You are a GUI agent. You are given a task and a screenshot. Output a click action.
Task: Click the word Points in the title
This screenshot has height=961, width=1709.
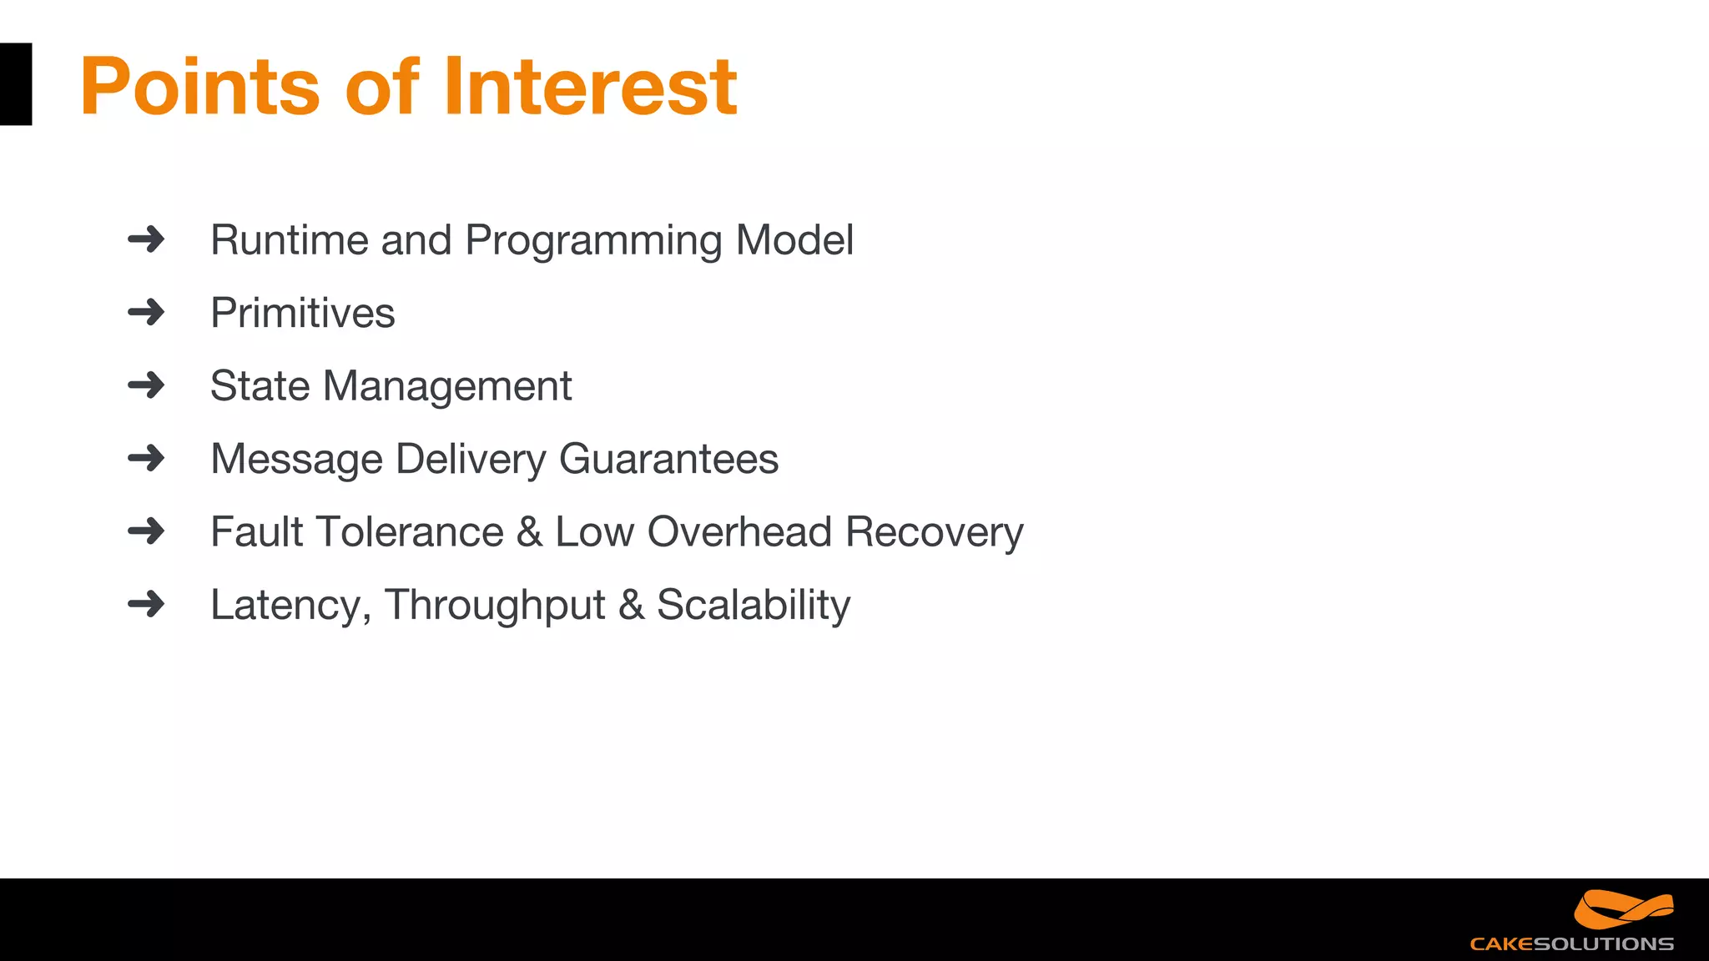200,87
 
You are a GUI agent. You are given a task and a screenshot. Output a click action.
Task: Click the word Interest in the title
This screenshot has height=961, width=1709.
590,87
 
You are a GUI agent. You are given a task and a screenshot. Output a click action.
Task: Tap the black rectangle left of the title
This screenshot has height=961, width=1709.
15,84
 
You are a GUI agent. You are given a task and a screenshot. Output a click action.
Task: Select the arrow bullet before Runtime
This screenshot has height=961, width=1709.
147,240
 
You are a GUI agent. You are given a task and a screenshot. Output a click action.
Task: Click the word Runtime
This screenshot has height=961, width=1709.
290,240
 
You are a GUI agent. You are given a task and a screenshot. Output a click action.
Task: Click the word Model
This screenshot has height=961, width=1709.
794,240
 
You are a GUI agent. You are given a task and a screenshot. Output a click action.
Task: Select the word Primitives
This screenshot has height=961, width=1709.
302,314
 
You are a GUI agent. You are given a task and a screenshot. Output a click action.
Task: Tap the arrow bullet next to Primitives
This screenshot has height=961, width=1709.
147,313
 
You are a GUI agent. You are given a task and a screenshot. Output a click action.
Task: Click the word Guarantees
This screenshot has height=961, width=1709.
668,459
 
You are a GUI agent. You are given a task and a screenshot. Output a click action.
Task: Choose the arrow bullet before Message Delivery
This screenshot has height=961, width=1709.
147,458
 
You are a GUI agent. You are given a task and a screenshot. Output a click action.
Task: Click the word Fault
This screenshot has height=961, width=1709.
257,531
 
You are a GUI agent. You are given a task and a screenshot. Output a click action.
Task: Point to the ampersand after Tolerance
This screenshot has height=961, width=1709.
529,532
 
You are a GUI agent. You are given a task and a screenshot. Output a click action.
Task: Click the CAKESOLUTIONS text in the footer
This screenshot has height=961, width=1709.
1571,944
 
